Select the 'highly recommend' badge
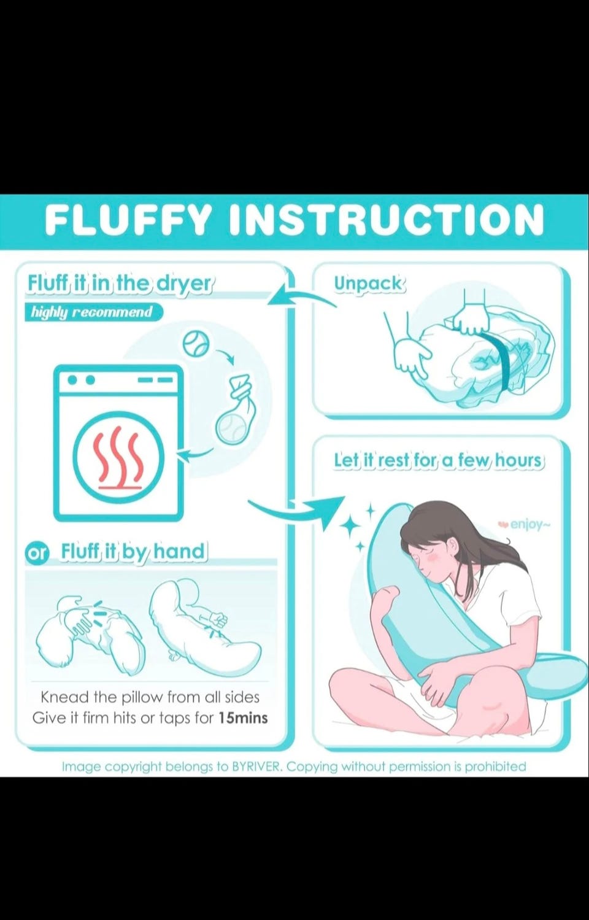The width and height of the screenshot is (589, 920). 92,312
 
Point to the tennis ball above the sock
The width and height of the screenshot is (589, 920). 196,344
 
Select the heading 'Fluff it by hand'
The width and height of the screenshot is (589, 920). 133,551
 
